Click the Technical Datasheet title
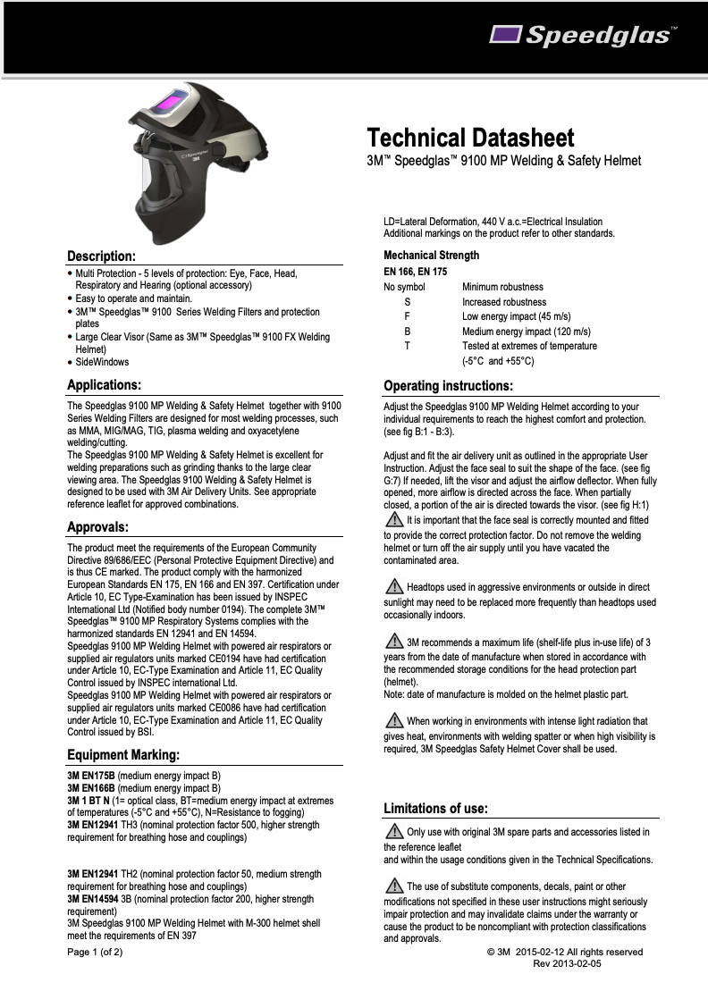[x=470, y=139]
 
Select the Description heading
[x=101, y=256]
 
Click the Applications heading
[x=105, y=385]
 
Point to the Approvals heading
[x=97, y=526]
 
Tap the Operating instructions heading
[x=448, y=386]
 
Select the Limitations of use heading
[x=435, y=809]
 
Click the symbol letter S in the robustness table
[x=408, y=302]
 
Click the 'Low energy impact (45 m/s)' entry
[x=516, y=316]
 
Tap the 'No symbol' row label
[x=404, y=287]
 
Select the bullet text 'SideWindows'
[x=102, y=362]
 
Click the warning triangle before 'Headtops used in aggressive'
[x=392, y=586]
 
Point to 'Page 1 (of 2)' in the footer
[x=95, y=952]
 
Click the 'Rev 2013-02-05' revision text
[x=567, y=963]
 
